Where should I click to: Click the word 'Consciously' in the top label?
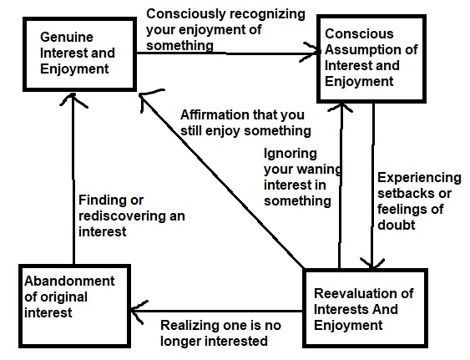click(186, 14)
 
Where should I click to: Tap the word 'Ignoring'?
click(291, 155)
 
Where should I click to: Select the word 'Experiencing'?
click(419, 178)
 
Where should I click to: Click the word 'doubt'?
click(397, 225)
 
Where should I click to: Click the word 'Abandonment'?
click(69, 281)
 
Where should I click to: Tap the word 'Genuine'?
click(67, 38)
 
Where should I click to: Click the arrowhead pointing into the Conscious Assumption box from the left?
click(311, 53)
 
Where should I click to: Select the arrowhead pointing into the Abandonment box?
click(139, 312)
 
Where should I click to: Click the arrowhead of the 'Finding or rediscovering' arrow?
click(73, 99)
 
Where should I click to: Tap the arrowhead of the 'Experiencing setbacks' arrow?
click(372, 263)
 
